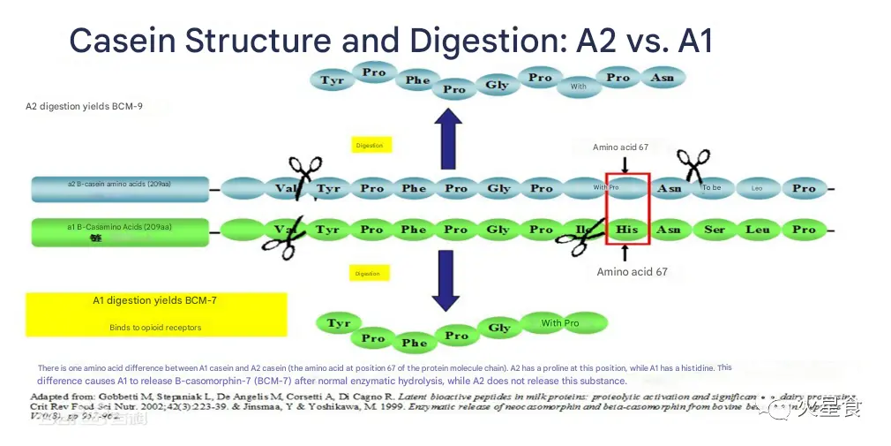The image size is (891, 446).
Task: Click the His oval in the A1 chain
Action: [x=626, y=230]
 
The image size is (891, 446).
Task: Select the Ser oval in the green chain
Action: [x=714, y=230]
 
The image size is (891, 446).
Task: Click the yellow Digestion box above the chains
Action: [x=370, y=145]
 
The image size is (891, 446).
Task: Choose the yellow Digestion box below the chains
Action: [x=368, y=274]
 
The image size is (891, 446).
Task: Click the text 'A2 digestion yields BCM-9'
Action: [x=84, y=106]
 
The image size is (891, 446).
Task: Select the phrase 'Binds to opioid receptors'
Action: [x=155, y=328]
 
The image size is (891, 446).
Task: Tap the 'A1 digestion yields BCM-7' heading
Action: [x=155, y=300]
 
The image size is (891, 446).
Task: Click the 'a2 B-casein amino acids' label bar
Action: [x=120, y=188]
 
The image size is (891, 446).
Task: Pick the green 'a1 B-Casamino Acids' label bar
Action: [x=120, y=231]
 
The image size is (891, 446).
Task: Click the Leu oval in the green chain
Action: [x=758, y=230]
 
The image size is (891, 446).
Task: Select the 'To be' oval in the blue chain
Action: [x=712, y=187]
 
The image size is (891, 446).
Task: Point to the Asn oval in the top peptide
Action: [x=662, y=78]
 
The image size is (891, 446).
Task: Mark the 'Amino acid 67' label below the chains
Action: [x=632, y=272]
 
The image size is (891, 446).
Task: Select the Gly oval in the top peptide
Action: [x=497, y=86]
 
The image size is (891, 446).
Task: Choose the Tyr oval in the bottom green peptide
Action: [x=339, y=323]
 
